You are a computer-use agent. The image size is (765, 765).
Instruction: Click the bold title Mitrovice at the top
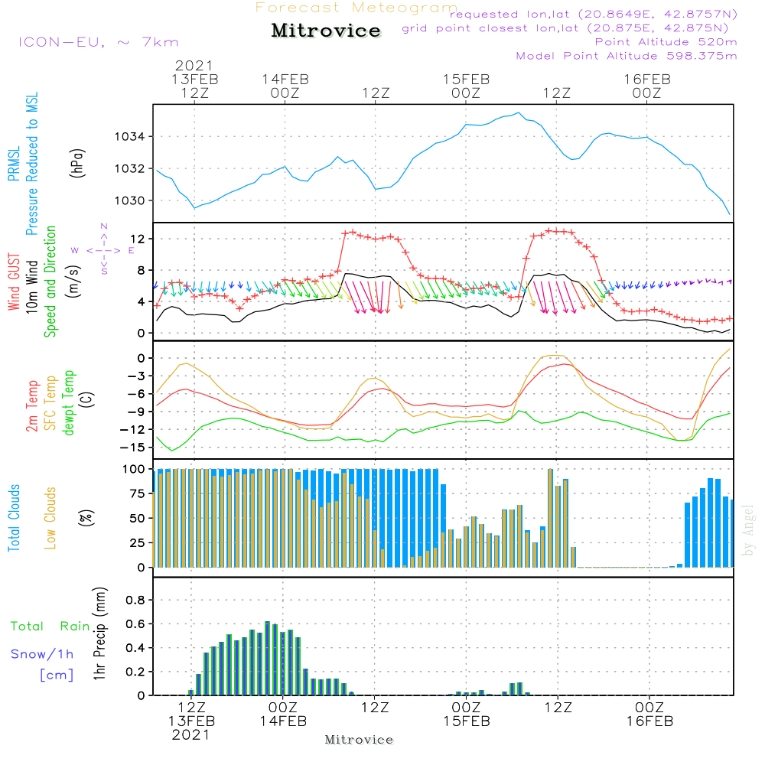[326, 31]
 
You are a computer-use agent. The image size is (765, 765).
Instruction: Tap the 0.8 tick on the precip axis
[136, 601]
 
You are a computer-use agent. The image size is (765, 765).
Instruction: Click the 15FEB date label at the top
[466, 79]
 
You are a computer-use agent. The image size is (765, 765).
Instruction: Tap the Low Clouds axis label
[51, 518]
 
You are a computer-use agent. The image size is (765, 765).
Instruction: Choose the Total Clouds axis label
[15, 518]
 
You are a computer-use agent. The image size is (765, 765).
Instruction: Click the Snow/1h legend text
[43, 654]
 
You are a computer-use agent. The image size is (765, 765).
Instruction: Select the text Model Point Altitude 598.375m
[627, 56]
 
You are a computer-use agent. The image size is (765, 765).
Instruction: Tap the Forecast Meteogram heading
[356, 8]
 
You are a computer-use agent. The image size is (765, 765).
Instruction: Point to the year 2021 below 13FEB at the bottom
[190, 735]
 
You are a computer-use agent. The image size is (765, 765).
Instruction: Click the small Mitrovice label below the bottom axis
[359, 740]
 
